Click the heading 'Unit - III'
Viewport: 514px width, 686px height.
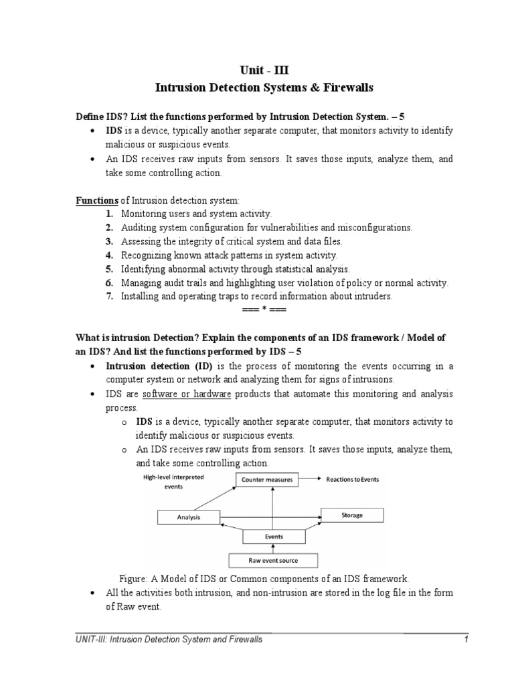point(256,68)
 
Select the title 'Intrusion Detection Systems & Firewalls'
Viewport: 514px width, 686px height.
point(256,87)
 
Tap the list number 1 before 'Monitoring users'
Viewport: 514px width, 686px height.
point(108,214)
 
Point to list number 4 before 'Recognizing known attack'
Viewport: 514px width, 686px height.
point(108,255)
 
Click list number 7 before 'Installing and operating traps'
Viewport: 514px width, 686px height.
point(108,297)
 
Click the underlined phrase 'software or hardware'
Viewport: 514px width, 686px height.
point(187,394)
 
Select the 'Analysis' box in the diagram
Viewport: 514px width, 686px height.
point(188,517)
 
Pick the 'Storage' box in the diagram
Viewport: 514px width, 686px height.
point(352,515)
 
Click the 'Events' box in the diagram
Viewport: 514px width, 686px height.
point(273,537)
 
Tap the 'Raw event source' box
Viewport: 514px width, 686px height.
point(273,560)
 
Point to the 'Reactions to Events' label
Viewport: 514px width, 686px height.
point(353,480)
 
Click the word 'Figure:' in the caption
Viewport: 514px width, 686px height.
point(133,579)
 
